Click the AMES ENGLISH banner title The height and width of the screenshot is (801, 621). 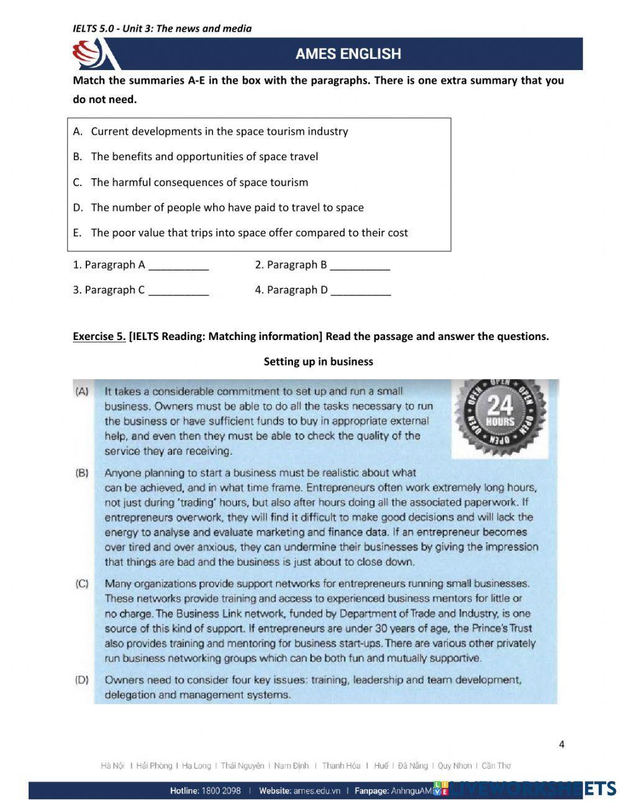(348, 54)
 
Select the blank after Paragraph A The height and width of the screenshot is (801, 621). (179, 266)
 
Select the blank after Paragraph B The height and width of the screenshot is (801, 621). (360, 266)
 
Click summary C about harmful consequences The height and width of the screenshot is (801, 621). (199, 182)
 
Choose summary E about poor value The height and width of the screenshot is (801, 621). (249, 233)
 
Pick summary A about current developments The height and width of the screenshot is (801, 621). (219, 132)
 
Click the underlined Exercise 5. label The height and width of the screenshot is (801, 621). (99, 336)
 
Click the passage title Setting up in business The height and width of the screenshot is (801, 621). (318, 362)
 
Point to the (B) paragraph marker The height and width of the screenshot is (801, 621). (82, 473)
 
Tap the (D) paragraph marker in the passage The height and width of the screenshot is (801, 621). (82, 679)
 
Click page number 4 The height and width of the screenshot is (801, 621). (561, 745)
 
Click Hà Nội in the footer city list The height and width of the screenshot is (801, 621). (113, 766)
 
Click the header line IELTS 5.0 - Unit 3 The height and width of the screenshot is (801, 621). (162, 29)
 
